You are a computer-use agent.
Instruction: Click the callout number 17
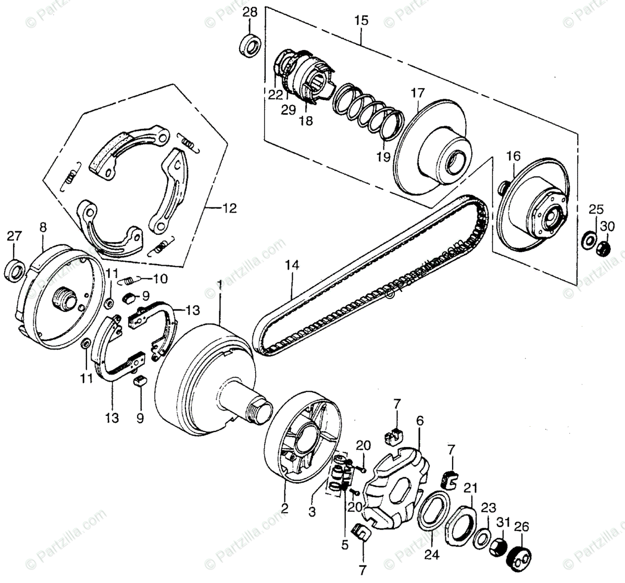[x=418, y=94]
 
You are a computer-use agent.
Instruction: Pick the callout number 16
[x=513, y=156]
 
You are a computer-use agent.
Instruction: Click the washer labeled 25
[x=589, y=240]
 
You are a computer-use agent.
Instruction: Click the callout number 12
[x=229, y=209]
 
